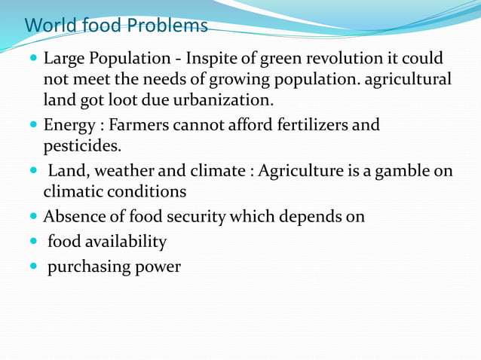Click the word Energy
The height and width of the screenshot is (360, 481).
69,125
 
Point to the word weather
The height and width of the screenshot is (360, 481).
121,172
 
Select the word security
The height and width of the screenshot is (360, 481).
195,217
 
